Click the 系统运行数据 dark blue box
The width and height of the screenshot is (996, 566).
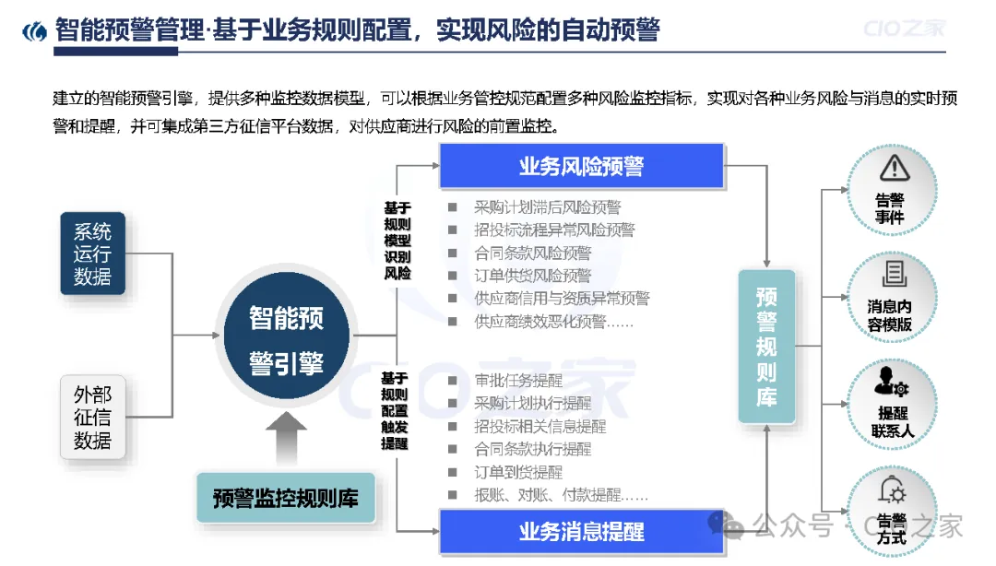click(92, 254)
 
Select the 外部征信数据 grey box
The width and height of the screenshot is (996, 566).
click(92, 417)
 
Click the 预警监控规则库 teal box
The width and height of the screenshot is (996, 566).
click(285, 499)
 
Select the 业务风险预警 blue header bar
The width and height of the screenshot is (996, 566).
click(581, 166)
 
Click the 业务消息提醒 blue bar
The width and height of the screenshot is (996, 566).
click(581, 532)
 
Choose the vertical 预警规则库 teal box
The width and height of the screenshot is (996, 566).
click(766, 347)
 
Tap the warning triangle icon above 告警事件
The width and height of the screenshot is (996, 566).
click(893, 168)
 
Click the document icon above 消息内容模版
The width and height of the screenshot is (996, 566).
click(893, 273)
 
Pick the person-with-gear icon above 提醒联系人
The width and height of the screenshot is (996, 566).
click(891, 380)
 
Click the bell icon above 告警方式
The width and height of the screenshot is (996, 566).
click(892, 488)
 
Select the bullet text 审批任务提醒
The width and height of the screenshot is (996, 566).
click(517, 380)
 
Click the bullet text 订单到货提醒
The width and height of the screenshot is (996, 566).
click(517, 472)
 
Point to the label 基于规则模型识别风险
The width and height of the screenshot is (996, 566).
click(397, 240)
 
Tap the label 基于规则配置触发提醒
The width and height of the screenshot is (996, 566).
click(394, 410)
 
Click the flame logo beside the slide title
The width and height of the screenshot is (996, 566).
click(34, 30)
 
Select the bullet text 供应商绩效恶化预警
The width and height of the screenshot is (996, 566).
click(553, 322)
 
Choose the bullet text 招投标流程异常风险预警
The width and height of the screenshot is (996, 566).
click(554, 230)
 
